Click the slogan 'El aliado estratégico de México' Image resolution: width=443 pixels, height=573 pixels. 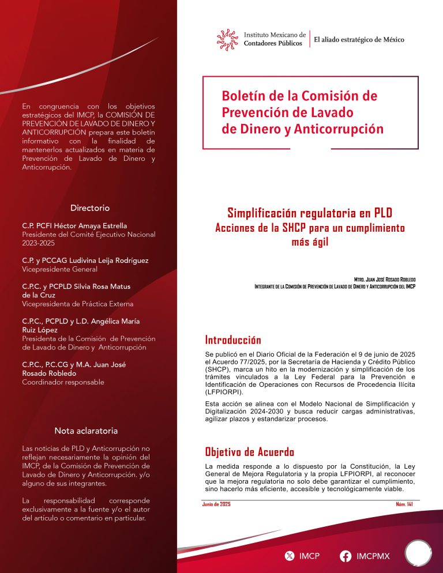(x=359, y=40)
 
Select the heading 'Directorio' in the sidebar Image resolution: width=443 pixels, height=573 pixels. (x=90, y=208)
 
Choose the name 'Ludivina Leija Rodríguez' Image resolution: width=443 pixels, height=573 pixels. (x=108, y=261)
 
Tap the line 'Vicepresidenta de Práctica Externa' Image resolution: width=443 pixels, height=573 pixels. (x=77, y=304)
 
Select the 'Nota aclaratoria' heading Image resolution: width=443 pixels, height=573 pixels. (x=86, y=431)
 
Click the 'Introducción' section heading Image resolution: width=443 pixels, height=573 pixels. (x=233, y=340)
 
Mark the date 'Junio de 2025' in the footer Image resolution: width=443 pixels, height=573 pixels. (x=217, y=504)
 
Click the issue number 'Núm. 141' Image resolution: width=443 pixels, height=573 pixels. (x=404, y=504)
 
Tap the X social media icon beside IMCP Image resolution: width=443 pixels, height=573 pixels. (x=290, y=556)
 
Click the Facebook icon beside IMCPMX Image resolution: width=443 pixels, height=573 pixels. (x=346, y=556)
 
